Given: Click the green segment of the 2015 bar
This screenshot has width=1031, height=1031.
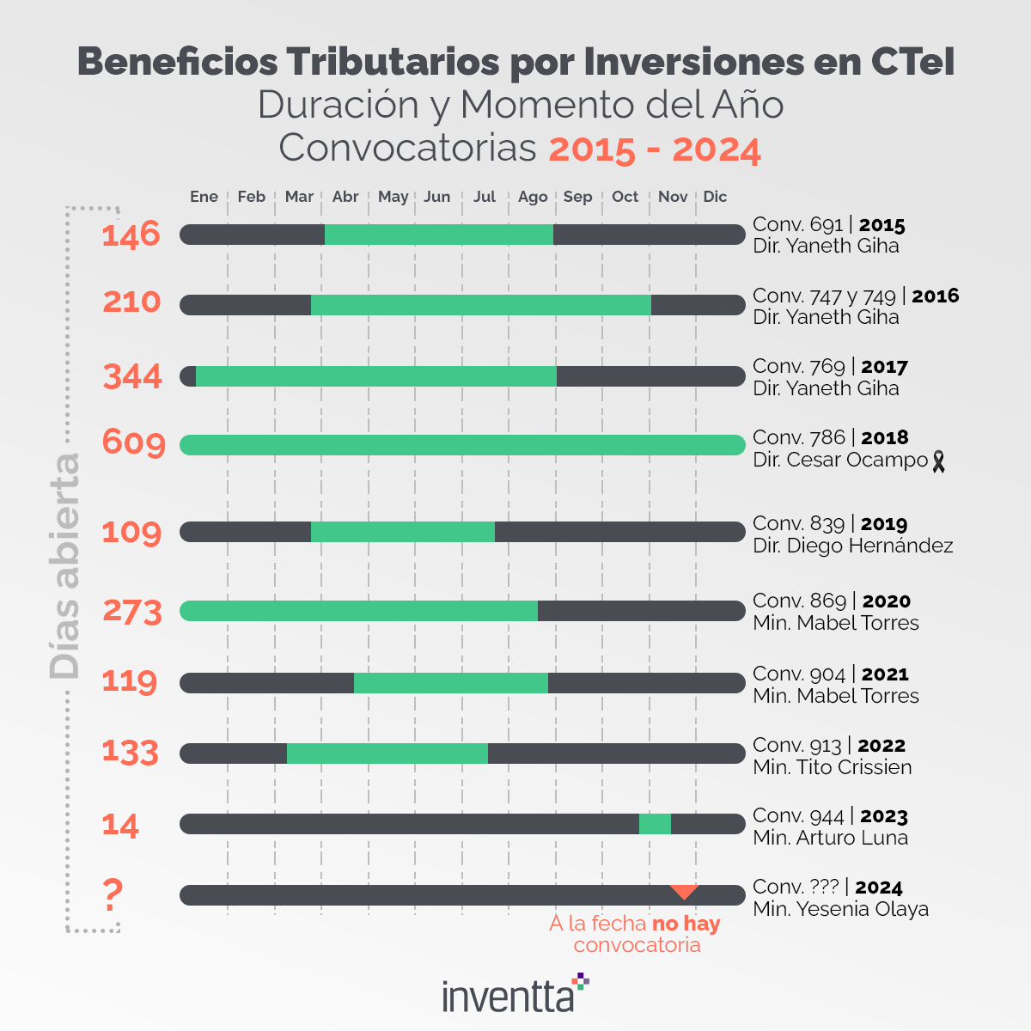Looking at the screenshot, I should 438,235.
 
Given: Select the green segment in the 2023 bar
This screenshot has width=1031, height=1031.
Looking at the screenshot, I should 655,824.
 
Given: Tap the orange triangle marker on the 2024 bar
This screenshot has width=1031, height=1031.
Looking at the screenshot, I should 684,891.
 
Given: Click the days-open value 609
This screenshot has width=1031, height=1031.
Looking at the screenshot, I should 133,442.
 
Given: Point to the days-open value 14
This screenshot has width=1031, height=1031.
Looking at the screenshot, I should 120,826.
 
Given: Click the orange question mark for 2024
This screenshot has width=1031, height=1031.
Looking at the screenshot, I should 113,895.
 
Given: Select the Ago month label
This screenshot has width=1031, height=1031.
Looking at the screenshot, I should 533,197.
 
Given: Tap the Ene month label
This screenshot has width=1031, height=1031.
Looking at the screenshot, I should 204,197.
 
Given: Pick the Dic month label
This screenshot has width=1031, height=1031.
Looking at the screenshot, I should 715,197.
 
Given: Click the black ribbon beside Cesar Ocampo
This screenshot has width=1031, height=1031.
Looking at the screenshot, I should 938,461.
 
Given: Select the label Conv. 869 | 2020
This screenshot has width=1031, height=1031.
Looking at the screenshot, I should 831,601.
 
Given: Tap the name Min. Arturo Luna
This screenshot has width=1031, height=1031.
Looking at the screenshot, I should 830,838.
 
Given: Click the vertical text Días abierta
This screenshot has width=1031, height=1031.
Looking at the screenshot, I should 65,567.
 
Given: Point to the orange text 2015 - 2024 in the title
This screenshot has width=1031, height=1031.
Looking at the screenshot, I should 655,149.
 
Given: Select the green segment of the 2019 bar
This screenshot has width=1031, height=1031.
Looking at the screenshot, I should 402,532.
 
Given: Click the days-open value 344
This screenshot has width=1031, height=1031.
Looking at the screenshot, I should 132,376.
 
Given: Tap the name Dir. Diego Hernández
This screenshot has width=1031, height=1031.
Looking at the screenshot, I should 852,546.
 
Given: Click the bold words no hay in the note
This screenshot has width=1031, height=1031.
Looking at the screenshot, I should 686,924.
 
